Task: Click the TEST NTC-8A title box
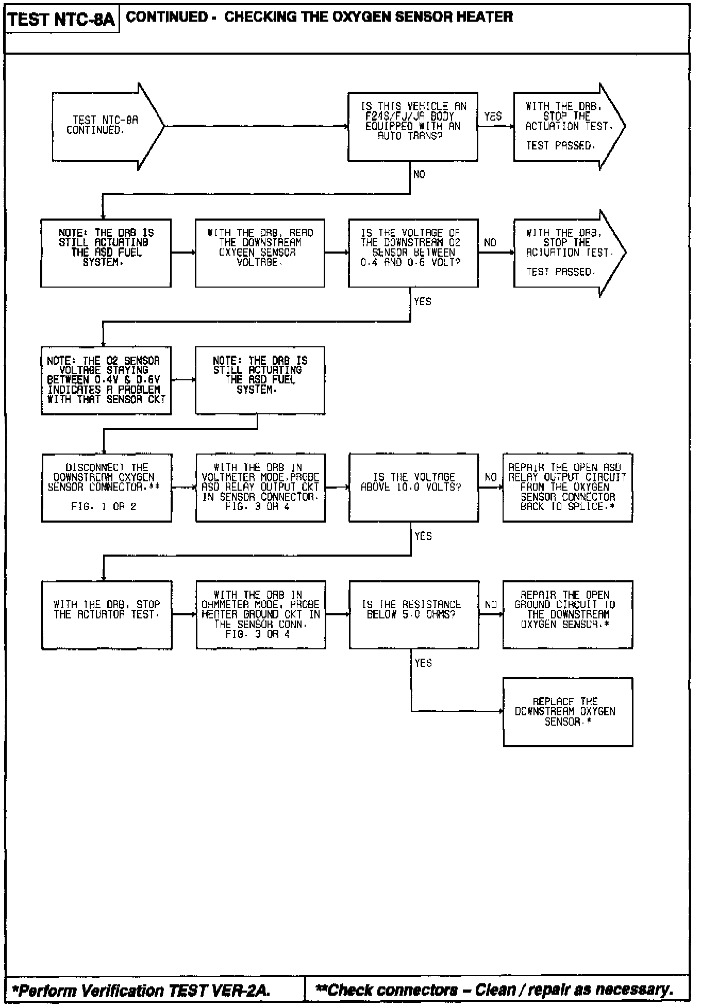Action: (61, 20)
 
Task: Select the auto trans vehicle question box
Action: (412, 126)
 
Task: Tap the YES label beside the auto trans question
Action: (493, 116)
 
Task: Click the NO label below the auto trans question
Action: (419, 175)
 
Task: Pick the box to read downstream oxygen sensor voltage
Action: (260, 253)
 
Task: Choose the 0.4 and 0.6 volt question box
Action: (412, 253)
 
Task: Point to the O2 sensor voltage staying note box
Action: (106, 380)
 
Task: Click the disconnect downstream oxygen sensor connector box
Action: (106, 487)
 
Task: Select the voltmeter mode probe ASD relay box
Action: (260, 487)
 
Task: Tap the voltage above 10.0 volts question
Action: (413, 487)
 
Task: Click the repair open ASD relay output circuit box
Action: (567, 487)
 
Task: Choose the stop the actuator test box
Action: (107, 614)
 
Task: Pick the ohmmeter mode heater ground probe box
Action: (260, 614)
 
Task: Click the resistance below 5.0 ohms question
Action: (413, 614)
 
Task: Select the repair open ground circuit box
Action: (567, 614)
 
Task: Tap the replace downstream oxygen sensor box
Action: (568, 711)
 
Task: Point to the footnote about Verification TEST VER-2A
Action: (141, 990)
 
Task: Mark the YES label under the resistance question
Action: (423, 663)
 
